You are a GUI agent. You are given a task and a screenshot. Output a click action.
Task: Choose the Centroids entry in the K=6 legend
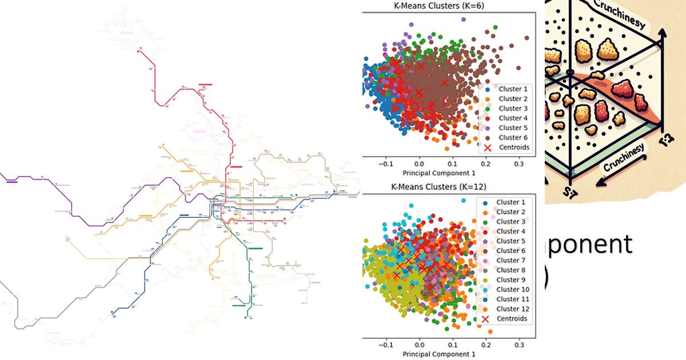513,147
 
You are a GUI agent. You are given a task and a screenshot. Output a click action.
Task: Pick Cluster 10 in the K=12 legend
512,290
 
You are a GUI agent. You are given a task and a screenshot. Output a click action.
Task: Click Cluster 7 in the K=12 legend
510,261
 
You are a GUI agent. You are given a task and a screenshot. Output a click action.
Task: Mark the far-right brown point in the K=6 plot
527,38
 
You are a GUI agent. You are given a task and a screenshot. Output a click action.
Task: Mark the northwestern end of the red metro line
139,50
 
